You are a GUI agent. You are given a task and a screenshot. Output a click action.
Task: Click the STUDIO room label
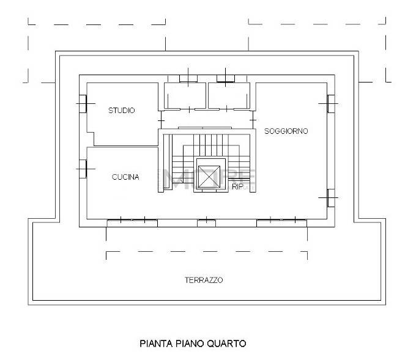click(122, 111)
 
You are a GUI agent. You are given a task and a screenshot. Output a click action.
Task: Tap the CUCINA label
click(125, 177)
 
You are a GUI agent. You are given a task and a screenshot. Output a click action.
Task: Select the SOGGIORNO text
click(286, 131)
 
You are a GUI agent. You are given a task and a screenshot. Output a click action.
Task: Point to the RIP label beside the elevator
click(238, 188)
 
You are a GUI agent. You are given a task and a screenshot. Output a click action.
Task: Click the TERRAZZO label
click(204, 281)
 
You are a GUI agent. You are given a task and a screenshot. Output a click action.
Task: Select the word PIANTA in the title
click(155, 343)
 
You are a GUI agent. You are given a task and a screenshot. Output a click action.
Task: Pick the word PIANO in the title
click(188, 343)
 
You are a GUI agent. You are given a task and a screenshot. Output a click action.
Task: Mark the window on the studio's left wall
click(82, 104)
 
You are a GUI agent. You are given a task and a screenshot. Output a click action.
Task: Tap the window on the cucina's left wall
click(82, 167)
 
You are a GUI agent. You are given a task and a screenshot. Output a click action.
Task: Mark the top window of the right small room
click(226, 78)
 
